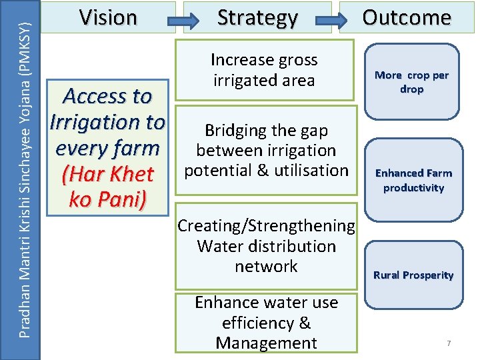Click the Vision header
click(x=107, y=17)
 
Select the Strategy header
click(x=258, y=18)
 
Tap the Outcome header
click(x=407, y=17)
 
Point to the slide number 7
click(x=449, y=343)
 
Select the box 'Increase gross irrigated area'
click(x=264, y=70)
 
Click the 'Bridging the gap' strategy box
click(x=266, y=150)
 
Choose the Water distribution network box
click(x=266, y=246)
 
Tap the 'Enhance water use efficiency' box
click(x=266, y=323)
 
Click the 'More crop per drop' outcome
click(x=412, y=82)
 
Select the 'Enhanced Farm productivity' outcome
click(x=413, y=180)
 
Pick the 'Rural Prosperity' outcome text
click(x=413, y=275)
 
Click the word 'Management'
click(x=266, y=343)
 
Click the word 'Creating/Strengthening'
click(x=266, y=226)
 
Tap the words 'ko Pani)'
click(x=107, y=200)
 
